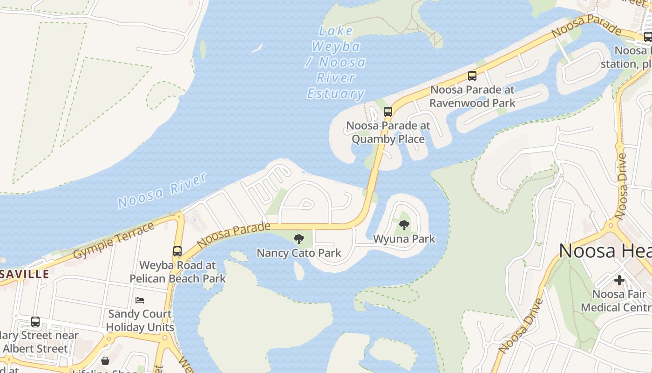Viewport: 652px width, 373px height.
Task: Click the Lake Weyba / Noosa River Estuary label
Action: tap(335, 62)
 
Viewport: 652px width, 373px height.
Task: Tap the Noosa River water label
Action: tap(162, 190)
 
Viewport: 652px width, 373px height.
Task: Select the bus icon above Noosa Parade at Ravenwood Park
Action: tap(472, 76)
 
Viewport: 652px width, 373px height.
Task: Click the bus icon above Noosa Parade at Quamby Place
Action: tap(388, 112)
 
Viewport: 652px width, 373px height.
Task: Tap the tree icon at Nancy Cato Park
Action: tap(299, 240)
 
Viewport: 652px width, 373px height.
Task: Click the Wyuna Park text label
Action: tap(404, 239)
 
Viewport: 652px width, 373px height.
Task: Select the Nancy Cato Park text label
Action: tap(299, 253)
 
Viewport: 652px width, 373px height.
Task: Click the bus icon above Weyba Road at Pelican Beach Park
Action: tap(177, 251)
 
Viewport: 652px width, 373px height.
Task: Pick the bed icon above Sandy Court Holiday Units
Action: tap(140, 300)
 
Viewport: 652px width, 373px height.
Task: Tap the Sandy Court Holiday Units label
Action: tap(140, 320)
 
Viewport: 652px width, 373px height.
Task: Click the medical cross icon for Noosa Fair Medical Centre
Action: tap(619, 280)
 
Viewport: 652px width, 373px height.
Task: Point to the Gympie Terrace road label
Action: tap(114, 241)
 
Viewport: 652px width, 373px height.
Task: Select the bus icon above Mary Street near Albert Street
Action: tap(35, 321)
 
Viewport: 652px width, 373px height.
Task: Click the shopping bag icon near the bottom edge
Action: tap(106, 361)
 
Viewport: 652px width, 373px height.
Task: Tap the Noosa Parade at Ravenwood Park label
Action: tap(472, 96)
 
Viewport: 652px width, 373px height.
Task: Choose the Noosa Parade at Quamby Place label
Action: tap(388, 132)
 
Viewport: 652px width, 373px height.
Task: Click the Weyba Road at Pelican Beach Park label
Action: tap(177, 272)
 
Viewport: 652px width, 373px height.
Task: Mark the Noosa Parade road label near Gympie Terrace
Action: tap(234, 235)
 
